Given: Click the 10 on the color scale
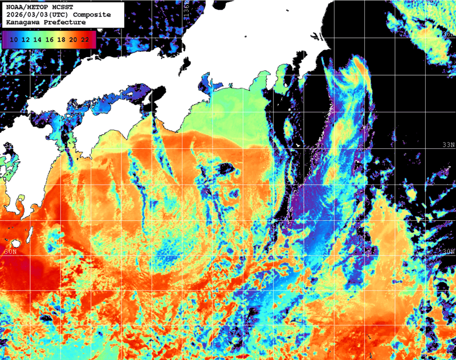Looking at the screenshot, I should coord(13,39).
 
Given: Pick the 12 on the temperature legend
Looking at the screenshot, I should coord(25,39).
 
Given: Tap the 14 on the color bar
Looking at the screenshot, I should coord(37,39).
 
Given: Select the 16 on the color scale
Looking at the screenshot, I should coord(49,39).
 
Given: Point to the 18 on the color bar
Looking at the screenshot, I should coord(61,39).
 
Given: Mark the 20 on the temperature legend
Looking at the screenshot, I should coord(73,39).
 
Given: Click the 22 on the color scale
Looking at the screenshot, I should coord(85,39).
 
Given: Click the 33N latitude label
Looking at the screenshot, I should coord(449,145).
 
